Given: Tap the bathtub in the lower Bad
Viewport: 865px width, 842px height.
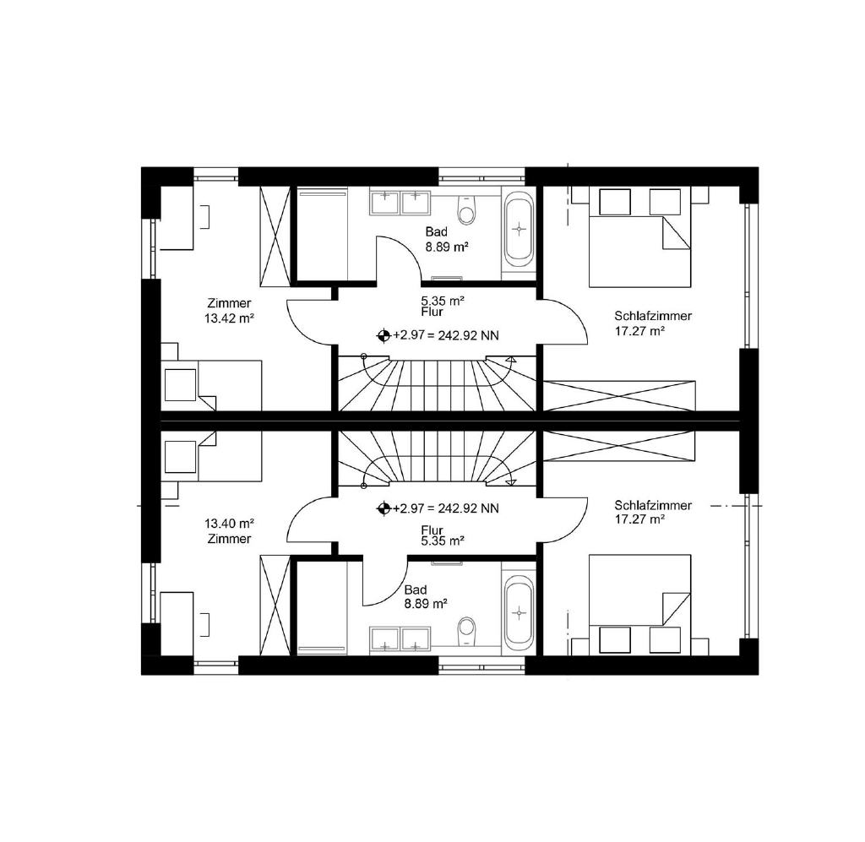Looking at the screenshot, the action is (520, 613).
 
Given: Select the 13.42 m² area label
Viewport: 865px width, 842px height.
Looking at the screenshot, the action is (229, 318).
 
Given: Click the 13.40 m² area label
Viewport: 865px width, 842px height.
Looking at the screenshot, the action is (229, 524).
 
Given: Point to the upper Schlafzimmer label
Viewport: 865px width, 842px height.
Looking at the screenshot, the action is (653, 316).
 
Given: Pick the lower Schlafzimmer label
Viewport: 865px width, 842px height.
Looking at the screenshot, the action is (653, 505).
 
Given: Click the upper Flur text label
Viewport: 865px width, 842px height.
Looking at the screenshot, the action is (432, 312).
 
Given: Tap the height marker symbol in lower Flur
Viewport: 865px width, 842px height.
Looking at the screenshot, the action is (384, 508).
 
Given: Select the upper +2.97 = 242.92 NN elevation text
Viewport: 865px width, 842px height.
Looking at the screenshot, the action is (446, 335).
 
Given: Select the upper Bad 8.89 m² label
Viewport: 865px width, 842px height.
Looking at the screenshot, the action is (446, 239).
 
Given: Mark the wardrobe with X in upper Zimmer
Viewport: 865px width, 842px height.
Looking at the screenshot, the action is (275, 236).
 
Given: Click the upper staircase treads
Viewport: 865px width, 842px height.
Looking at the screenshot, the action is (437, 384).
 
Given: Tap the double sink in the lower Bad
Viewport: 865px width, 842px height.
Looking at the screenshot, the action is (400, 639).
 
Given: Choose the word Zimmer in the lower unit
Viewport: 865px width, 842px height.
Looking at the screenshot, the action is (229, 539).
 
